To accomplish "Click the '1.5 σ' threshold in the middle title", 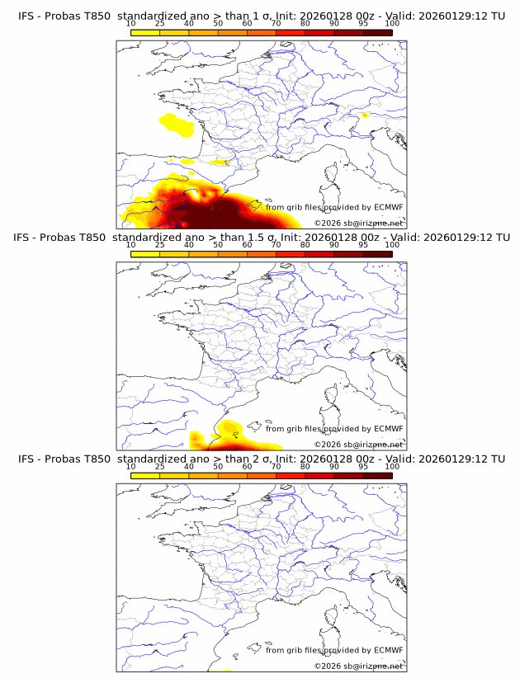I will point(259,238).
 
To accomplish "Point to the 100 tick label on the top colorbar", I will point(392,25).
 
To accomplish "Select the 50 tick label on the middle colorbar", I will point(218,246).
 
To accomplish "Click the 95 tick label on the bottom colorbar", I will point(363,467).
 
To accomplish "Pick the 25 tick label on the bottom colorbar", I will point(159,467).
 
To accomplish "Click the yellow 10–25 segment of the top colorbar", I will point(145,32).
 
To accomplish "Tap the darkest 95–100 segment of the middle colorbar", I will point(378,254).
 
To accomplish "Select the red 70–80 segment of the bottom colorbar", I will point(290,475).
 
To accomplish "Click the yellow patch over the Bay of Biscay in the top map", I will point(177,125).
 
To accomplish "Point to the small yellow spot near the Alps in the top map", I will point(365,116).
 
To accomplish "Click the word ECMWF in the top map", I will point(388,207).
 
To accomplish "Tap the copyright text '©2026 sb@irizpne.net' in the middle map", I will point(358,444).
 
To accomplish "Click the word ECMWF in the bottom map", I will point(388,650).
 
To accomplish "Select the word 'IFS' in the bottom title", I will point(26,459).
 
